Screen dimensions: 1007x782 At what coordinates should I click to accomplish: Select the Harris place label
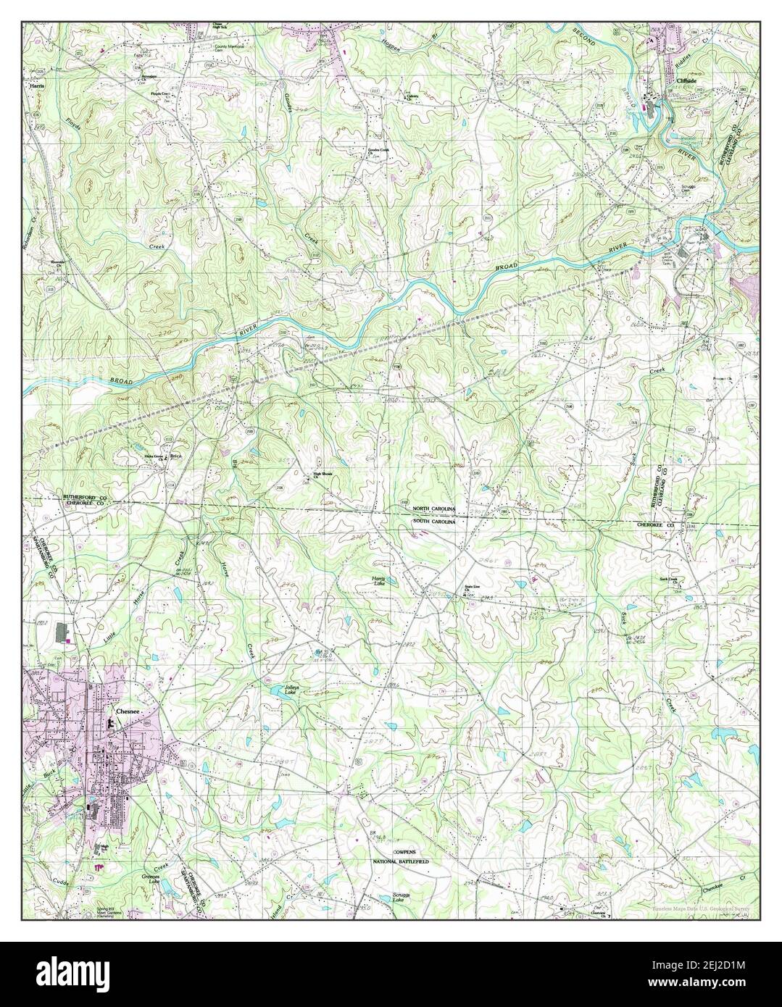37,85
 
